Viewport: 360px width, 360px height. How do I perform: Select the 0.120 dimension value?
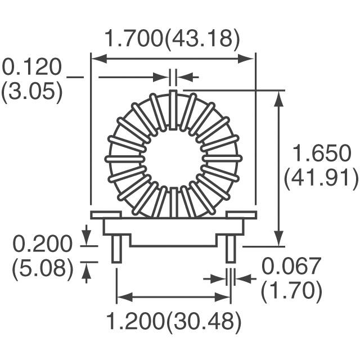[x=31, y=67]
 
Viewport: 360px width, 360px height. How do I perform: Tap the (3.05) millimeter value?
[x=31, y=91]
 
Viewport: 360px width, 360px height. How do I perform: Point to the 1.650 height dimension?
[x=321, y=153]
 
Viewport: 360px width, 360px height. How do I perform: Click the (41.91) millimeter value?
[x=321, y=178]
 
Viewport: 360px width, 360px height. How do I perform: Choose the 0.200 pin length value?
[x=43, y=244]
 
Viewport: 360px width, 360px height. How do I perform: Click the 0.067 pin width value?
[x=292, y=265]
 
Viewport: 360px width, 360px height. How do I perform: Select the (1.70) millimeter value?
[x=292, y=291]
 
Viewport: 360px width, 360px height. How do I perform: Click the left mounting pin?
[x=116, y=249]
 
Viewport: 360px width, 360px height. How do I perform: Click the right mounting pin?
[x=231, y=249]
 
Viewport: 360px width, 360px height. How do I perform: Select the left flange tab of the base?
[x=106, y=214]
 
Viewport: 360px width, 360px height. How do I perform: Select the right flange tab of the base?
[x=241, y=214]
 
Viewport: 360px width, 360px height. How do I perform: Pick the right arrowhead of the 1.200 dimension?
[x=226, y=296]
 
